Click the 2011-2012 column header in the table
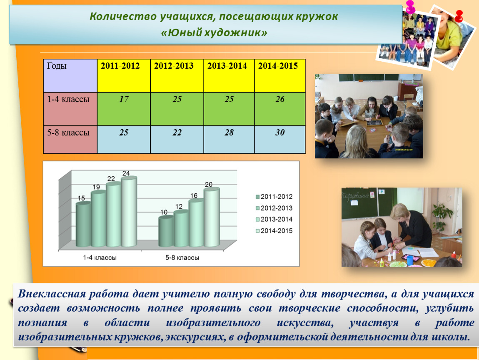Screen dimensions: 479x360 [x=124, y=75]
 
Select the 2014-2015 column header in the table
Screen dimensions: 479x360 [x=280, y=75]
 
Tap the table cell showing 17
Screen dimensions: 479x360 [x=124, y=109]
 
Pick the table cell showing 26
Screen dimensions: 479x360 [x=280, y=109]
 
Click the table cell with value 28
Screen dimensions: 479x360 [x=229, y=139]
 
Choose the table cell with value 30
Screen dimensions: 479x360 [x=280, y=139]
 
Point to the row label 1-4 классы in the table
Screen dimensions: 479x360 [x=70, y=109]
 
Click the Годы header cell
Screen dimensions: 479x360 [x=70, y=75]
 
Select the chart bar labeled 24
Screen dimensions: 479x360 [x=129, y=212]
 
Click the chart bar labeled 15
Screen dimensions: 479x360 [x=83, y=224]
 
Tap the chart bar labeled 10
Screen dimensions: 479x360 [x=166, y=231]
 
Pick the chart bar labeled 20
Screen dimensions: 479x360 [x=212, y=217]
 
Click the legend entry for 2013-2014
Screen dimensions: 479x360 [x=274, y=219]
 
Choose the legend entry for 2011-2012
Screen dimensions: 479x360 [x=274, y=197]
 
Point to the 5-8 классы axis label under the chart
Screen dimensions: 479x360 [x=182, y=257]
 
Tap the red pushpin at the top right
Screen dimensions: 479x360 [x=459, y=16]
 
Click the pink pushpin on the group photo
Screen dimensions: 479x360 [x=410, y=7]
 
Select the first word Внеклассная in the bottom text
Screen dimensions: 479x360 [x=52, y=294]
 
